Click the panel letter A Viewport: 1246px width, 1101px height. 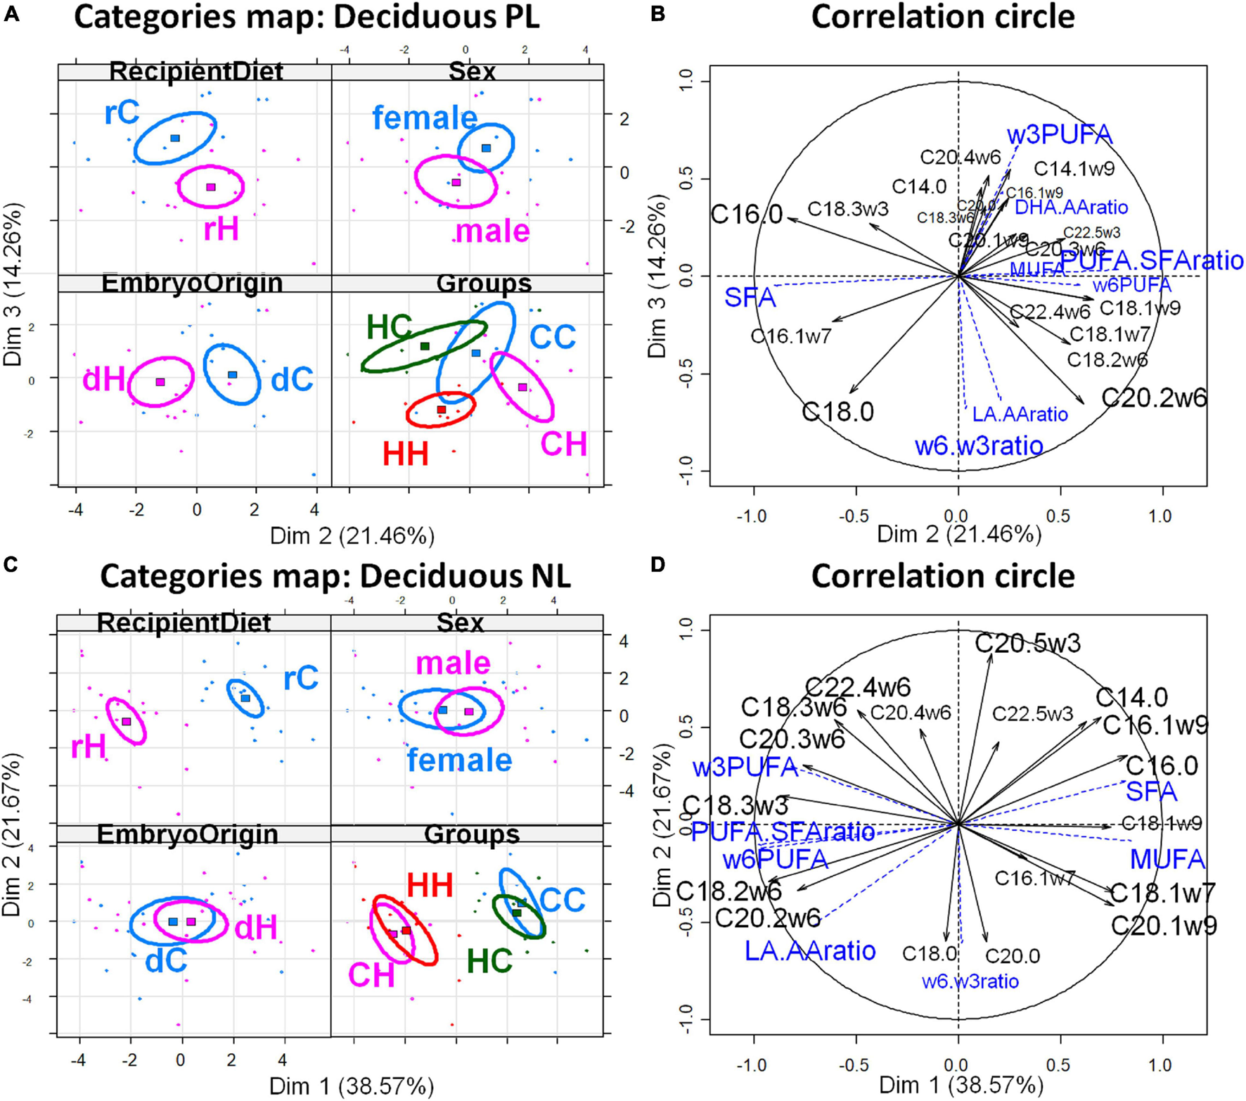coord(11,14)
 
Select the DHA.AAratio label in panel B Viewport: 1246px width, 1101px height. coord(1071,207)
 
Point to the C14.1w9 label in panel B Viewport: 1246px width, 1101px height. coord(1074,169)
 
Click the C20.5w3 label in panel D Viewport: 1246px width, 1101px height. coord(1027,642)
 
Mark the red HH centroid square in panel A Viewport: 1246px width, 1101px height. coord(442,409)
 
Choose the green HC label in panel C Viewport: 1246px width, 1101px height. coord(489,961)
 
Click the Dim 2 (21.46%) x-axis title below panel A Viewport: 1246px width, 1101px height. coord(352,536)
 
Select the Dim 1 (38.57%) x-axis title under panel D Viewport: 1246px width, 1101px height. coord(961,1086)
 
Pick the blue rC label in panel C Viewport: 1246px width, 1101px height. coord(301,678)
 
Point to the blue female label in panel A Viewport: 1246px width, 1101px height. coord(425,117)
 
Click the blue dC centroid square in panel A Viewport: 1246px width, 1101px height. coord(233,375)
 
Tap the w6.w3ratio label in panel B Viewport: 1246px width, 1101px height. coord(978,445)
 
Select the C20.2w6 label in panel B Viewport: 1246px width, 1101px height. coord(1153,397)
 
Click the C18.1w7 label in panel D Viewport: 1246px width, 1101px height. coord(1163,893)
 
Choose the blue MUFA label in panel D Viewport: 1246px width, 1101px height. coord(1167,859)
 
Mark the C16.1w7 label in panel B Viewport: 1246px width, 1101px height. coord(791,336)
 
